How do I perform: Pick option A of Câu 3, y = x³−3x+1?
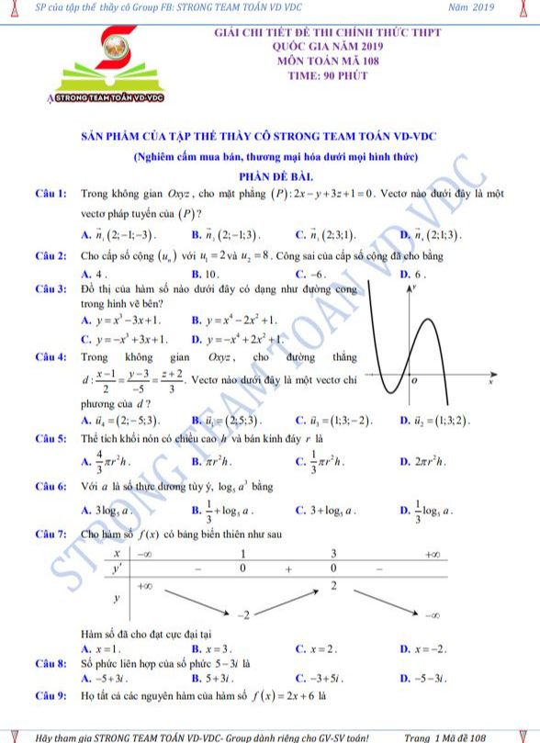(120, 320)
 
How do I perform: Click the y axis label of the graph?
(414, 287)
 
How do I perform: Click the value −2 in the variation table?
(243, 613)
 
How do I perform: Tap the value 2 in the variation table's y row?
(334, 585)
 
